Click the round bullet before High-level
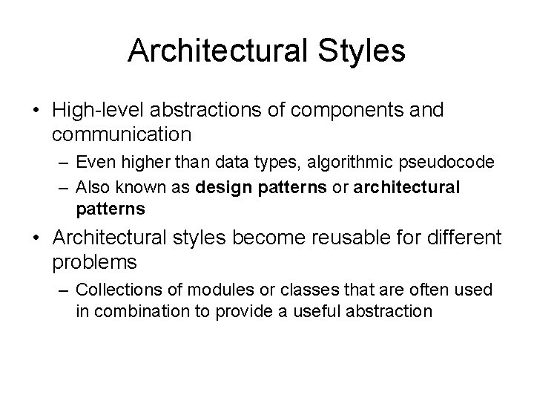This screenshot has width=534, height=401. (x=36, y=111)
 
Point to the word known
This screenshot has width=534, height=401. (x=138, y=188)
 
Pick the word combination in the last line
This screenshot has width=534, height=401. (x=133, y=312)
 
